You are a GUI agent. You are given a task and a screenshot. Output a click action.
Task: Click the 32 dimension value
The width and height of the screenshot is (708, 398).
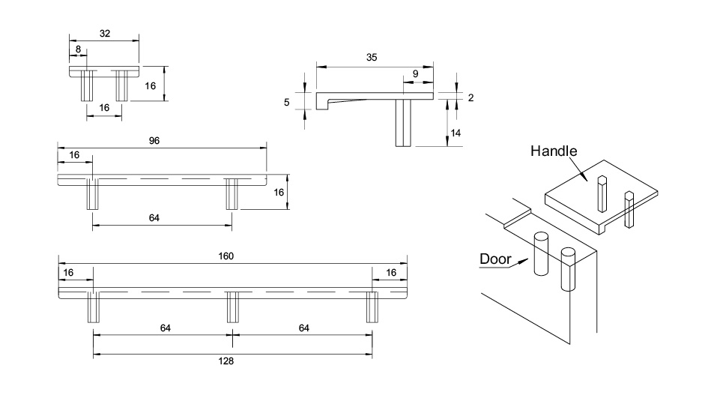(105, 33)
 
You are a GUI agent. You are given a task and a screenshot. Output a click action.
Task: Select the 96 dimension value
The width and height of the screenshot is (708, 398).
(155, 140)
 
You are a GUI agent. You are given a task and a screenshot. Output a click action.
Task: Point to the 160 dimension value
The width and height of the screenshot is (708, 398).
(226, 256)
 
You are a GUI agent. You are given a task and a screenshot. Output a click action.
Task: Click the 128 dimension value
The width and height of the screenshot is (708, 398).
(226, 361)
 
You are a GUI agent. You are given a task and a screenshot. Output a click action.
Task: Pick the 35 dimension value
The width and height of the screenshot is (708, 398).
(372, 57)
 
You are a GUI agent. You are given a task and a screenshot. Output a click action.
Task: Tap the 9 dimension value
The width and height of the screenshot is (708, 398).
(416, 73)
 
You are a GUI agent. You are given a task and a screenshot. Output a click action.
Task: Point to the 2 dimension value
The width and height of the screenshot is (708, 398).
(470, 97)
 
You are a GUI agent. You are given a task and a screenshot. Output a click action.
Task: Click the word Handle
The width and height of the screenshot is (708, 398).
(554, 151)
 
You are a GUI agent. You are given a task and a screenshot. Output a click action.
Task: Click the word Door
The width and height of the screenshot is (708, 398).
(495, 259)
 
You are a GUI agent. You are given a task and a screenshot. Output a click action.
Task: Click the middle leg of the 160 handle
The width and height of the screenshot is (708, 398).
(232, 307)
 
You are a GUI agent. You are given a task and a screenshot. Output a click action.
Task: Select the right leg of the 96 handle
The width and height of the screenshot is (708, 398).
(231, 196)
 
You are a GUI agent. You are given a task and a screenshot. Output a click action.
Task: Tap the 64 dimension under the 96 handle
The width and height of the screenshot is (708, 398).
(154, 218)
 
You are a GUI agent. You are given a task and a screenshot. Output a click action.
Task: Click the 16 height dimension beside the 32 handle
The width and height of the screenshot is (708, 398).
(151, 85)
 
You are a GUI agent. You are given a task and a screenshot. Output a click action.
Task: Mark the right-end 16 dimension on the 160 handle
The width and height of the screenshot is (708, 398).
(391, 272)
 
